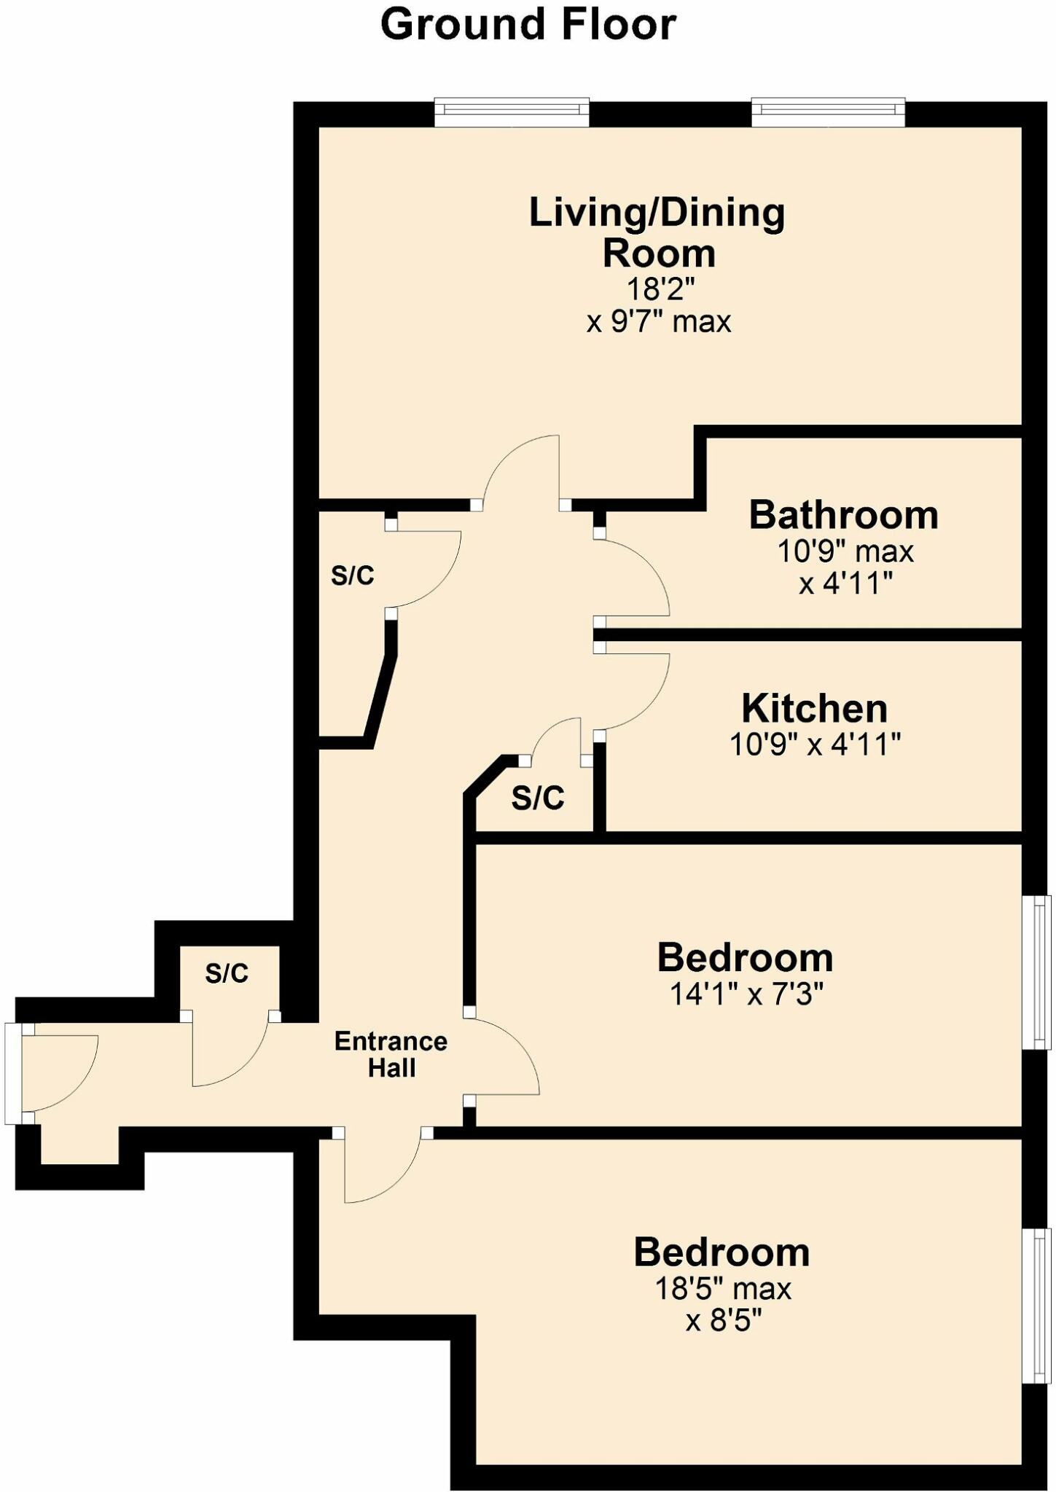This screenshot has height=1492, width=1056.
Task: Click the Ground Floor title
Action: tap(528, 24)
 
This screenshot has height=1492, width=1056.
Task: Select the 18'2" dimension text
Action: tap(660, 289)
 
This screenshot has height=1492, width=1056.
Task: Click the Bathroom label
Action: tap(843, 515)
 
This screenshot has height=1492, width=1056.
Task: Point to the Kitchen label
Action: tap(814, 708)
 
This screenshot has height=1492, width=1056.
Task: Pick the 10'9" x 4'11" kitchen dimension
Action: tap(815, 745)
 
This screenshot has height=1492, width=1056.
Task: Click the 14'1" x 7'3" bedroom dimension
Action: tap(746, 994)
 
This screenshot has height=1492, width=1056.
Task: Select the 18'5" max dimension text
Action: tap(722, 1289)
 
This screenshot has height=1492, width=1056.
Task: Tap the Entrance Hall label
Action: tap(391, 1055)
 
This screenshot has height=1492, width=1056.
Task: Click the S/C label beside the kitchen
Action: tap(538, 798)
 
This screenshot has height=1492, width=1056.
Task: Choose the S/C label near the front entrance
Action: tap(227, 973)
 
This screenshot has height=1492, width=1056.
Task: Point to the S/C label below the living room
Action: tap(353, 576)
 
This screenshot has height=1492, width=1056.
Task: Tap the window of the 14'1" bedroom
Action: tap(1038, 972)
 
